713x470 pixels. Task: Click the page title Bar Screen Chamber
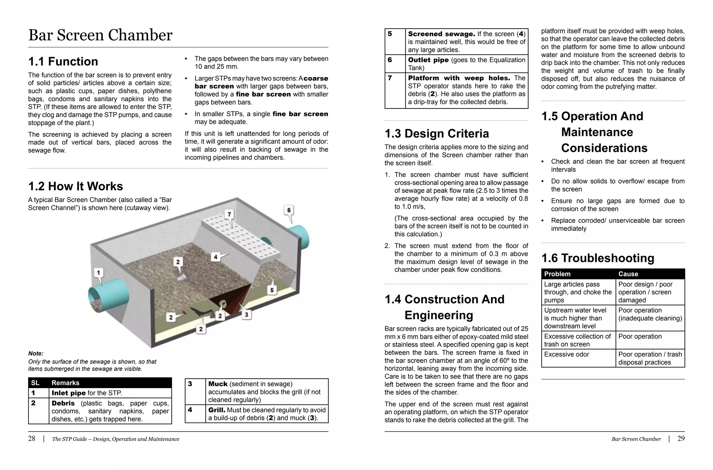pos(100,35)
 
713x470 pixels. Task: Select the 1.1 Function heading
pos(63,61)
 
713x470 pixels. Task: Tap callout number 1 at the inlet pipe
pos(99,273)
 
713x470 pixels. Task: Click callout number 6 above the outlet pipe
pos(289,210)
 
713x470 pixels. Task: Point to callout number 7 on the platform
pos(229,214)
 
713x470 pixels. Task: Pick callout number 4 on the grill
pos(216,257)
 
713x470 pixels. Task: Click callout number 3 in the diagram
pos(246,315)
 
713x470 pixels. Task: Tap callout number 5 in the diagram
pos(272,290)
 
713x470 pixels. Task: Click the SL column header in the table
pos(35,383)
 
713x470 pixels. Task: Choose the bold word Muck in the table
pos(218,384)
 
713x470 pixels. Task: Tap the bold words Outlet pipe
pos(428,60)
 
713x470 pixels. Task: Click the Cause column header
pos(628,274)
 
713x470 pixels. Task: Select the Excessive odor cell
pos(566,355)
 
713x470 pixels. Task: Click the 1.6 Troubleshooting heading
pos(597,258)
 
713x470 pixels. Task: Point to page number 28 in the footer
pos(32,439)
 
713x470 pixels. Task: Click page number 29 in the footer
pos(681,439)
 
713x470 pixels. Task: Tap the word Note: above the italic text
pos(36,353)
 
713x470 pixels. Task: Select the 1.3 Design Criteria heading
pos(437,134)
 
